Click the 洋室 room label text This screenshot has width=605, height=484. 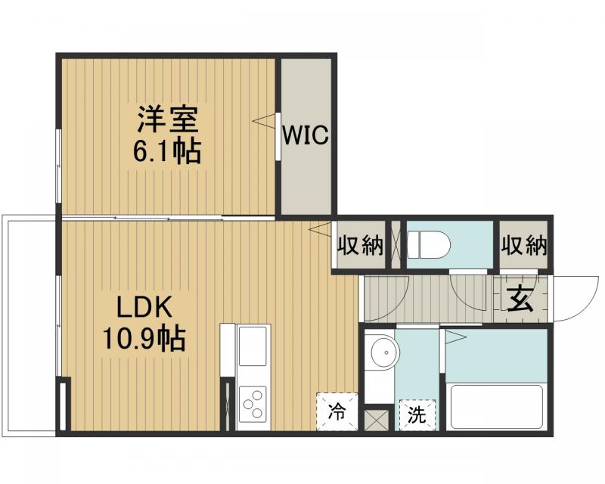(x=167, y=119)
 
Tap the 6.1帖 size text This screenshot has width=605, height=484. (x=167, y=152)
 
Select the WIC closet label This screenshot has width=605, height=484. (x=306, y=136)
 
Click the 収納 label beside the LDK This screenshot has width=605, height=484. (x=360, y=245)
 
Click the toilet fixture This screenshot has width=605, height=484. (x=429, y=245)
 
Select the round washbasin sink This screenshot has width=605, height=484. (x=384, y=352)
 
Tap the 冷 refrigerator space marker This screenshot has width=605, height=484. (x=336, y=412)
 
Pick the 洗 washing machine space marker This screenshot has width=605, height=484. (x=417, y=414)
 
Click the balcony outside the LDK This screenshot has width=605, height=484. (x=30, y=325)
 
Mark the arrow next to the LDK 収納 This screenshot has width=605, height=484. (x=319, y=228)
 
